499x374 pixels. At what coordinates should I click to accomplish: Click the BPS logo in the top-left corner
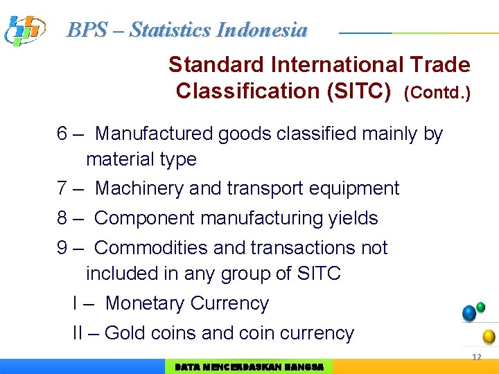(24, 30)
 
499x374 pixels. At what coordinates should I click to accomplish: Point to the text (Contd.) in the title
(437, 92)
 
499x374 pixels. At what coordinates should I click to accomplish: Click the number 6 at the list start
(62, 134)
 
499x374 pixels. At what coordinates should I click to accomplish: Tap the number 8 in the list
(62, 218)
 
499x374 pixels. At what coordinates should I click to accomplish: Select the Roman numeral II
(78, 333)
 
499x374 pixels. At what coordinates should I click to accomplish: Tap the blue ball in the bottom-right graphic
(469, 313)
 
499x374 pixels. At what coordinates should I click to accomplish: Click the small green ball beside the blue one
(480, 307)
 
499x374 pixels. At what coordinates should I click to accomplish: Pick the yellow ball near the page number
(489, 337)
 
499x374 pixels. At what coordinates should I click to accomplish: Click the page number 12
(476, 357)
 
